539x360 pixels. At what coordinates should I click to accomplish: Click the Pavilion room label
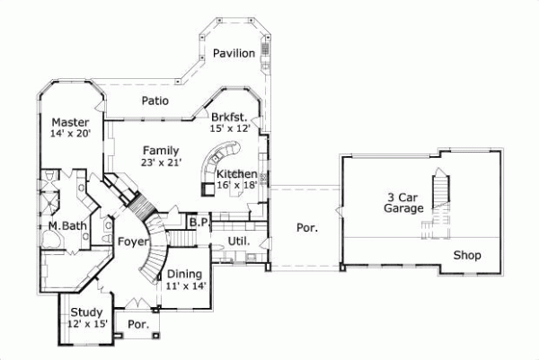[234, 54]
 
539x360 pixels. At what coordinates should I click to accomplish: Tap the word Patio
[155, 101]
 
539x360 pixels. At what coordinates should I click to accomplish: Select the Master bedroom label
[69, 122]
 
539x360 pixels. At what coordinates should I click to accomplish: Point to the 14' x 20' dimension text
[70, 135]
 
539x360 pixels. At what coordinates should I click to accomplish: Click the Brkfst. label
[229, 117]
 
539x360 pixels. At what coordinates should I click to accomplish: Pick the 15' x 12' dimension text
[228, 129]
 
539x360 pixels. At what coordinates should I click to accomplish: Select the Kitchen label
[237, 174]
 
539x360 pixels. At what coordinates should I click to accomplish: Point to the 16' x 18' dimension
[237, 186]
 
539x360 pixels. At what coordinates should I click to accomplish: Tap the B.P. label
[199, 221]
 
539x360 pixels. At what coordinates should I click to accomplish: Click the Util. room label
[238, 241]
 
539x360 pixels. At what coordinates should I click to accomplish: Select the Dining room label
[184, 274]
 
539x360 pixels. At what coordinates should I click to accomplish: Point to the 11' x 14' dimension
[186, 285]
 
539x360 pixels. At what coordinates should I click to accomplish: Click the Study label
[87, 312]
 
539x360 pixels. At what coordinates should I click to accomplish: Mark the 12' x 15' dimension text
[88, 324]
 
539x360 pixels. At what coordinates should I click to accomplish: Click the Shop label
[466, 256]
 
